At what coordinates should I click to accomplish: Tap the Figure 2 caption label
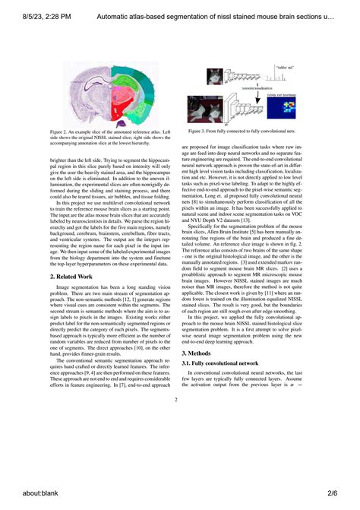pyautogui.click(x=65, y=131)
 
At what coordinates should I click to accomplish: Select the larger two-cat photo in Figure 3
pyautogui.click(x=211, y=108)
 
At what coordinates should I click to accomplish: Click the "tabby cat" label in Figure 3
pyautogui.click(x=285, y=68)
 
